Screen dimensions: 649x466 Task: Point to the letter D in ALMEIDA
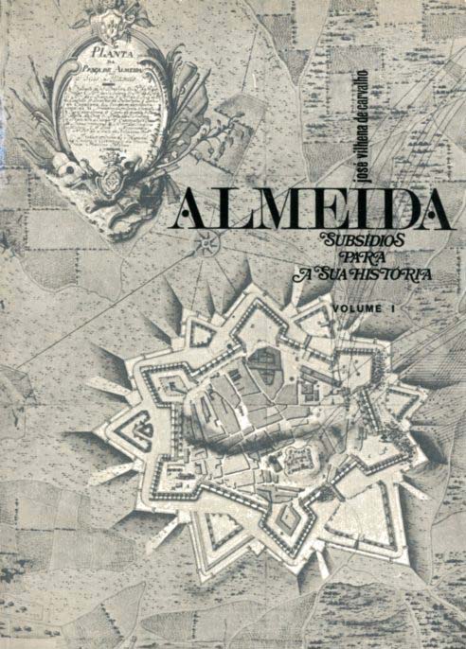click(384, 210)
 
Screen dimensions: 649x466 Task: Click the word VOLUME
click(356, 308)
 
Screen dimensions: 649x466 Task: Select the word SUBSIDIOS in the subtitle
click(363, 240)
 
